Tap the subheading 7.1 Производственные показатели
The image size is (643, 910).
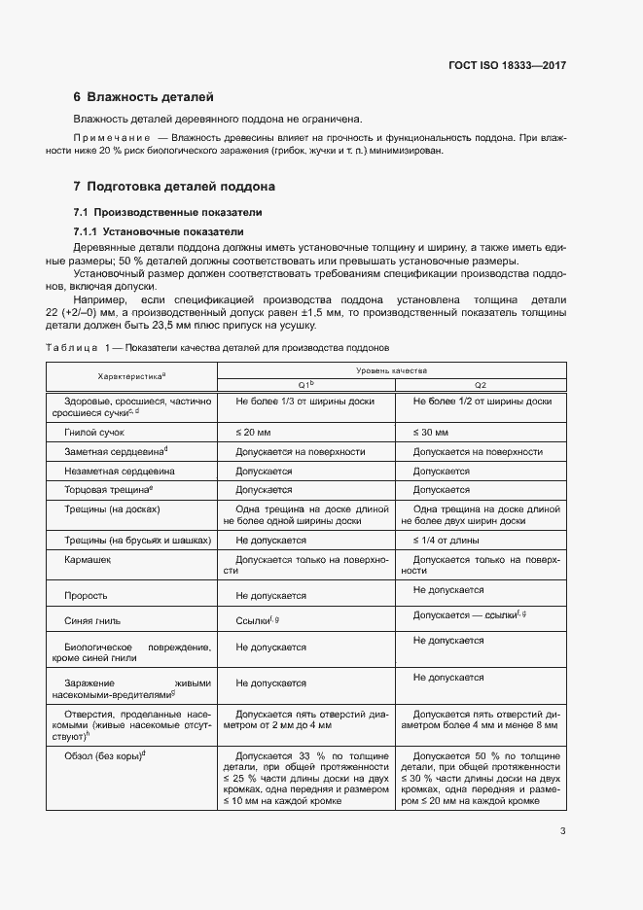point(167,212)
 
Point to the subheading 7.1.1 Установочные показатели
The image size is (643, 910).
point(159,231)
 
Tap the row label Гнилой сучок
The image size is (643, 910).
point(94,431)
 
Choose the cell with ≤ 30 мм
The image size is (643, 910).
point(432,431)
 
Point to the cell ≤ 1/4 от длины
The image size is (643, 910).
point(449,539)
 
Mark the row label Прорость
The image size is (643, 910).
point(86,595)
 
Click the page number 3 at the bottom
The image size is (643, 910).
point(563,830)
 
